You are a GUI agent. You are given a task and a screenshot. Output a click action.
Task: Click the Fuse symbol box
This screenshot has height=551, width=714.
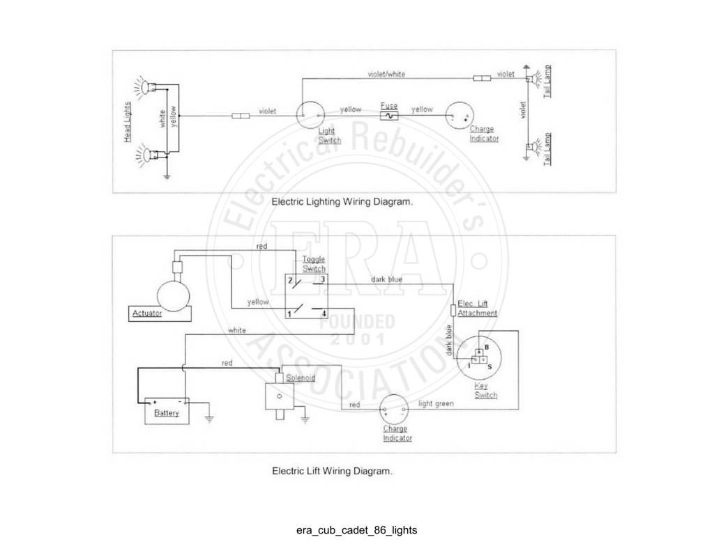click(389, 116)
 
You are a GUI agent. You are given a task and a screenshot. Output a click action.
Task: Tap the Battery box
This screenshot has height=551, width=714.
click(167, 411)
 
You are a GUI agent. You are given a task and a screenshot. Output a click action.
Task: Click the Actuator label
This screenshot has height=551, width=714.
click(147, 313)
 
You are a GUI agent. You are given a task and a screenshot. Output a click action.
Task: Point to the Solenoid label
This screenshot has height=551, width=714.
click(301, 378)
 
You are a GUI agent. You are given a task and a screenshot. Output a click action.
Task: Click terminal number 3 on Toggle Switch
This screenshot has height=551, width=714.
click(322, 279)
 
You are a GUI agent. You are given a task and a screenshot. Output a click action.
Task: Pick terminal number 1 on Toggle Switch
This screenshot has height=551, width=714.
click(289, 314)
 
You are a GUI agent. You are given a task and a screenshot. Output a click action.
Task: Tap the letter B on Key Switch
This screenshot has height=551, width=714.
click(487, 347)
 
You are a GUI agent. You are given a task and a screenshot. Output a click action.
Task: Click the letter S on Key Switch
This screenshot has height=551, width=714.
click(490, 366)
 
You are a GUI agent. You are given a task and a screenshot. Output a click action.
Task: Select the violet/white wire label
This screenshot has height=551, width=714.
click(386, 74)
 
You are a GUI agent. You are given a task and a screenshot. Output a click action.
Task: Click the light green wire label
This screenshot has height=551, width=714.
click(436, 403)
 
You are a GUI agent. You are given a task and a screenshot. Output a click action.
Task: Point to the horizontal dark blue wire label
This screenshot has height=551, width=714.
click(386, 279)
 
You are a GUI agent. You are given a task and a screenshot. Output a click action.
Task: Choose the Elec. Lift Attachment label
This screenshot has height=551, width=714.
click(477, 309)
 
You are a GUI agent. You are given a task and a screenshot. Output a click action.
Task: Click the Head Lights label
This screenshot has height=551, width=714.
click(128, 121)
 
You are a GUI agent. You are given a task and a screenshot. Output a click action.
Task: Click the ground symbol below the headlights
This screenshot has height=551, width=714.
click(167, 176)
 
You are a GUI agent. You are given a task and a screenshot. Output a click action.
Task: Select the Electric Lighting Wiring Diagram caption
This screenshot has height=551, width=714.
click(342, 201)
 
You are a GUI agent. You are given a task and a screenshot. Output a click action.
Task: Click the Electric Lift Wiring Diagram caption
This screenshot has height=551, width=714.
click(332, 471)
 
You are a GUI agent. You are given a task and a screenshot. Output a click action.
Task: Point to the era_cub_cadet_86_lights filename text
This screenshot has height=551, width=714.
click(356, 530)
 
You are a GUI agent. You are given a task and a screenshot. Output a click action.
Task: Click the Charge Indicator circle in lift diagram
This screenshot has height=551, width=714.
click(394, 409)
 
